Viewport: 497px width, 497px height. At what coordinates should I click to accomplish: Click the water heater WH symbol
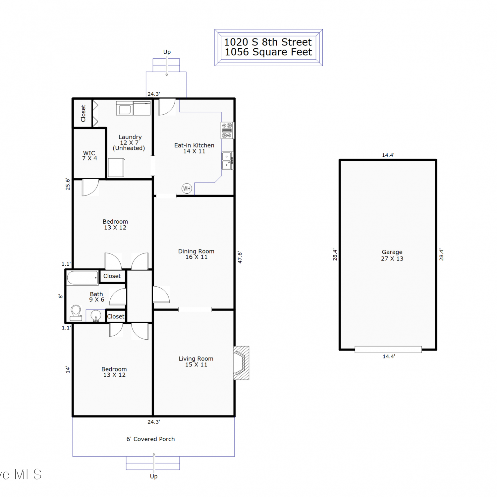click(x=187, y=189)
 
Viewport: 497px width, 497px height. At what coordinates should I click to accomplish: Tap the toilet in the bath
click(x=76, y=313)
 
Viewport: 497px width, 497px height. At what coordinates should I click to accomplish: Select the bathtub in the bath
click(x=83, y=278)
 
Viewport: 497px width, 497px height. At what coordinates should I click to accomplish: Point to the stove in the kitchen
click(x=227, y=130)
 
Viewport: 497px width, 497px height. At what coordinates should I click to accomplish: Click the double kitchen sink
click(x=227, y=161)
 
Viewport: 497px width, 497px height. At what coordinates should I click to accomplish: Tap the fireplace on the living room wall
click(x=241, y=363)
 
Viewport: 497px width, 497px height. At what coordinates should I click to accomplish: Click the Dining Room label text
click(x=196, y=254)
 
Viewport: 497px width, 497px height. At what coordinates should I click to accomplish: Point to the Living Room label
click(x=196, y=361)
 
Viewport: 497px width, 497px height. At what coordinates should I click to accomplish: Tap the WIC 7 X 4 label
click(x=89, y=155)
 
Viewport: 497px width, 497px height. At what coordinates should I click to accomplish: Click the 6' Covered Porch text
click(x=150, y=439)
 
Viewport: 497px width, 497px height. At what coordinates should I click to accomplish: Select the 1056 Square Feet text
click(x=268, y=52)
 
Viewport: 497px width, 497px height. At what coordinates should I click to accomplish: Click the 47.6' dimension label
click(x=240, y=257)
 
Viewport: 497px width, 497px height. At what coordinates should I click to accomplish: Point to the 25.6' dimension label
click(x=68, y=184)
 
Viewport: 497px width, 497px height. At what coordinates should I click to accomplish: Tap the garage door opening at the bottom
click(x=388, y=349)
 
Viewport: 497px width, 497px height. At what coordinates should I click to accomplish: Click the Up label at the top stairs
click(x=167, y=52)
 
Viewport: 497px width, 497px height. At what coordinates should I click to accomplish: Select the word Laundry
click(x=130, y=137)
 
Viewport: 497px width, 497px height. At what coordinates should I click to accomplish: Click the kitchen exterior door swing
click(x=167, y=107)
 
